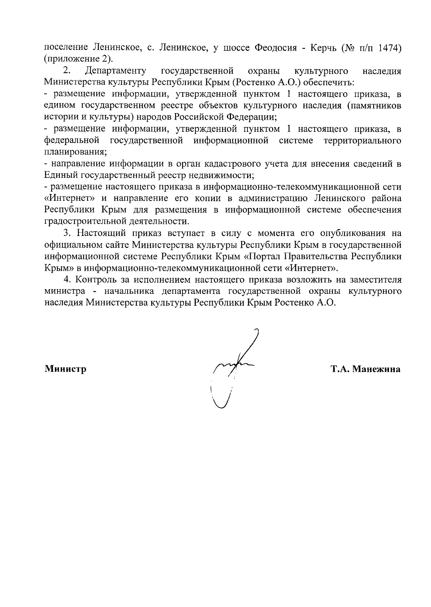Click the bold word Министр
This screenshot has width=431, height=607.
[65, 369]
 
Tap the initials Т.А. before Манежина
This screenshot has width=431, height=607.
[340, 369]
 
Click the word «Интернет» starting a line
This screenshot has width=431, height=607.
[69, 199]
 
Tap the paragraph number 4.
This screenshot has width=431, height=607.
[66, 280]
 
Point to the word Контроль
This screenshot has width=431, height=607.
[96, 280]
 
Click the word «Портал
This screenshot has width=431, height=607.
[264, 257]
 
